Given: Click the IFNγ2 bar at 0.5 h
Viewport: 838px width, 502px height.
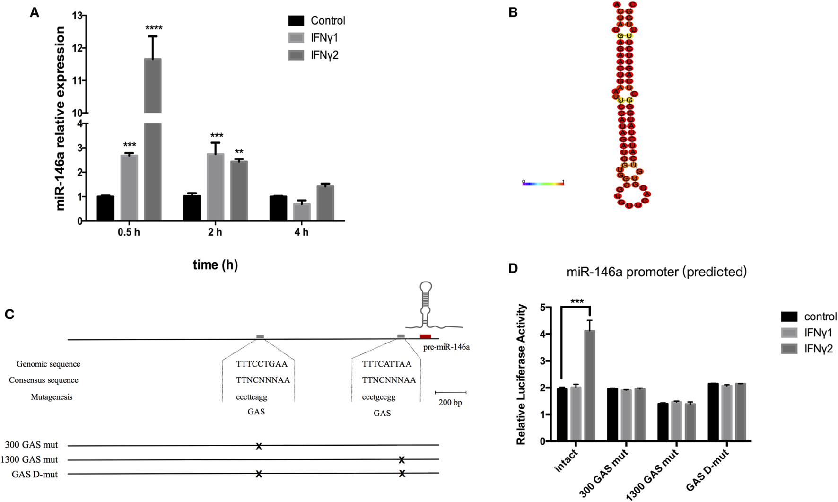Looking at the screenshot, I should (153, 142).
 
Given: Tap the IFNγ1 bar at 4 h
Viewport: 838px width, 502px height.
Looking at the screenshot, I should (302, 212).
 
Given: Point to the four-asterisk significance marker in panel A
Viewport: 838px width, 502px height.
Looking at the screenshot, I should (154, 29).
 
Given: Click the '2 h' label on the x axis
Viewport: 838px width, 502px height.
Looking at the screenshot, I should (215, 232).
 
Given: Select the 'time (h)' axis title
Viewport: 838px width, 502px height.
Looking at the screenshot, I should (215, 265).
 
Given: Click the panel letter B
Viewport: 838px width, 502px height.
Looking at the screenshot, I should (513, 13).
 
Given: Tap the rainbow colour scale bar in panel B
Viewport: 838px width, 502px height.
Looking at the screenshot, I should (543, 184).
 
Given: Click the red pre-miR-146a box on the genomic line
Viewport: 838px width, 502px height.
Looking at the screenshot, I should (425, 336).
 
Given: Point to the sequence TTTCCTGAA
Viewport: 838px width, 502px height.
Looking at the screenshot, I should (262, 364).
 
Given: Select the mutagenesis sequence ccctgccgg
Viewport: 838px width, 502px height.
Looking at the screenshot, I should (378, 397).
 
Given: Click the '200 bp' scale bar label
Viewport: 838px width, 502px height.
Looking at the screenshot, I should (450, 403).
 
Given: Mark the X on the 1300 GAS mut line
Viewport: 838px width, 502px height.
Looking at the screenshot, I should (402, 460).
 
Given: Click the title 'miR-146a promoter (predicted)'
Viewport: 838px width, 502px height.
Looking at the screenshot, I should (656, 272).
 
